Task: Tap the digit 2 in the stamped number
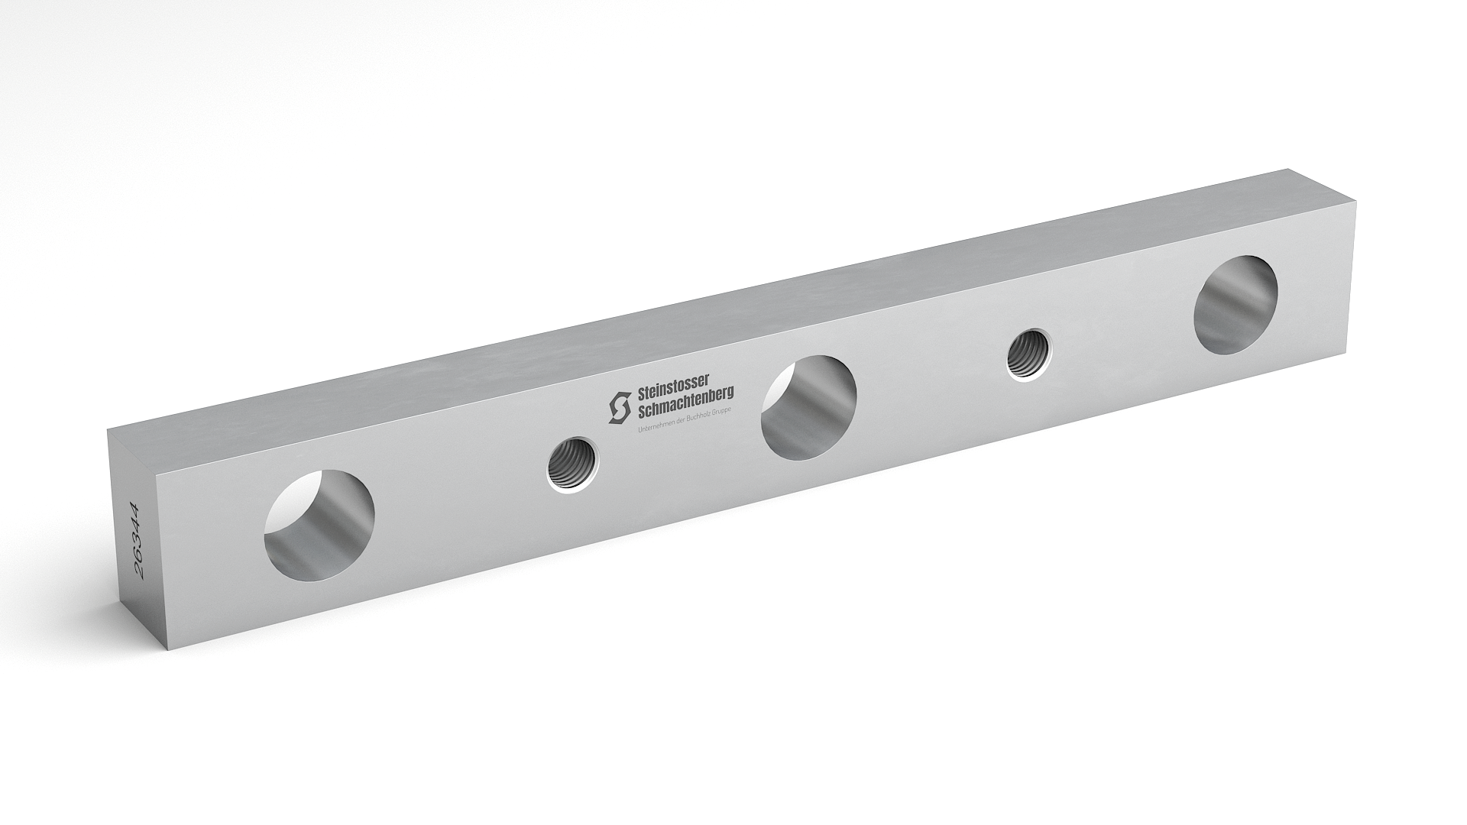click(x=140, y=571)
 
